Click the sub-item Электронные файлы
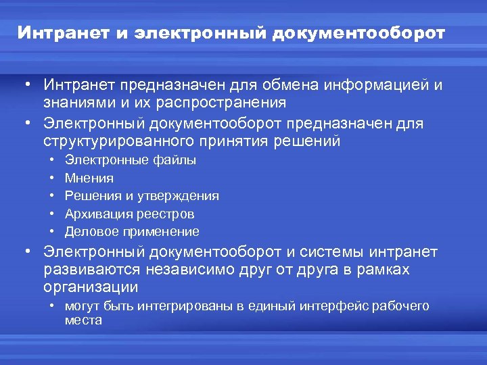[131, 160]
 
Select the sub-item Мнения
[89, 178]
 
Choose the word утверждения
[178, 196]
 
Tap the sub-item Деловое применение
[132, 232]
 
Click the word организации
[91, 287]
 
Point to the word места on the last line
[83, 320]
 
